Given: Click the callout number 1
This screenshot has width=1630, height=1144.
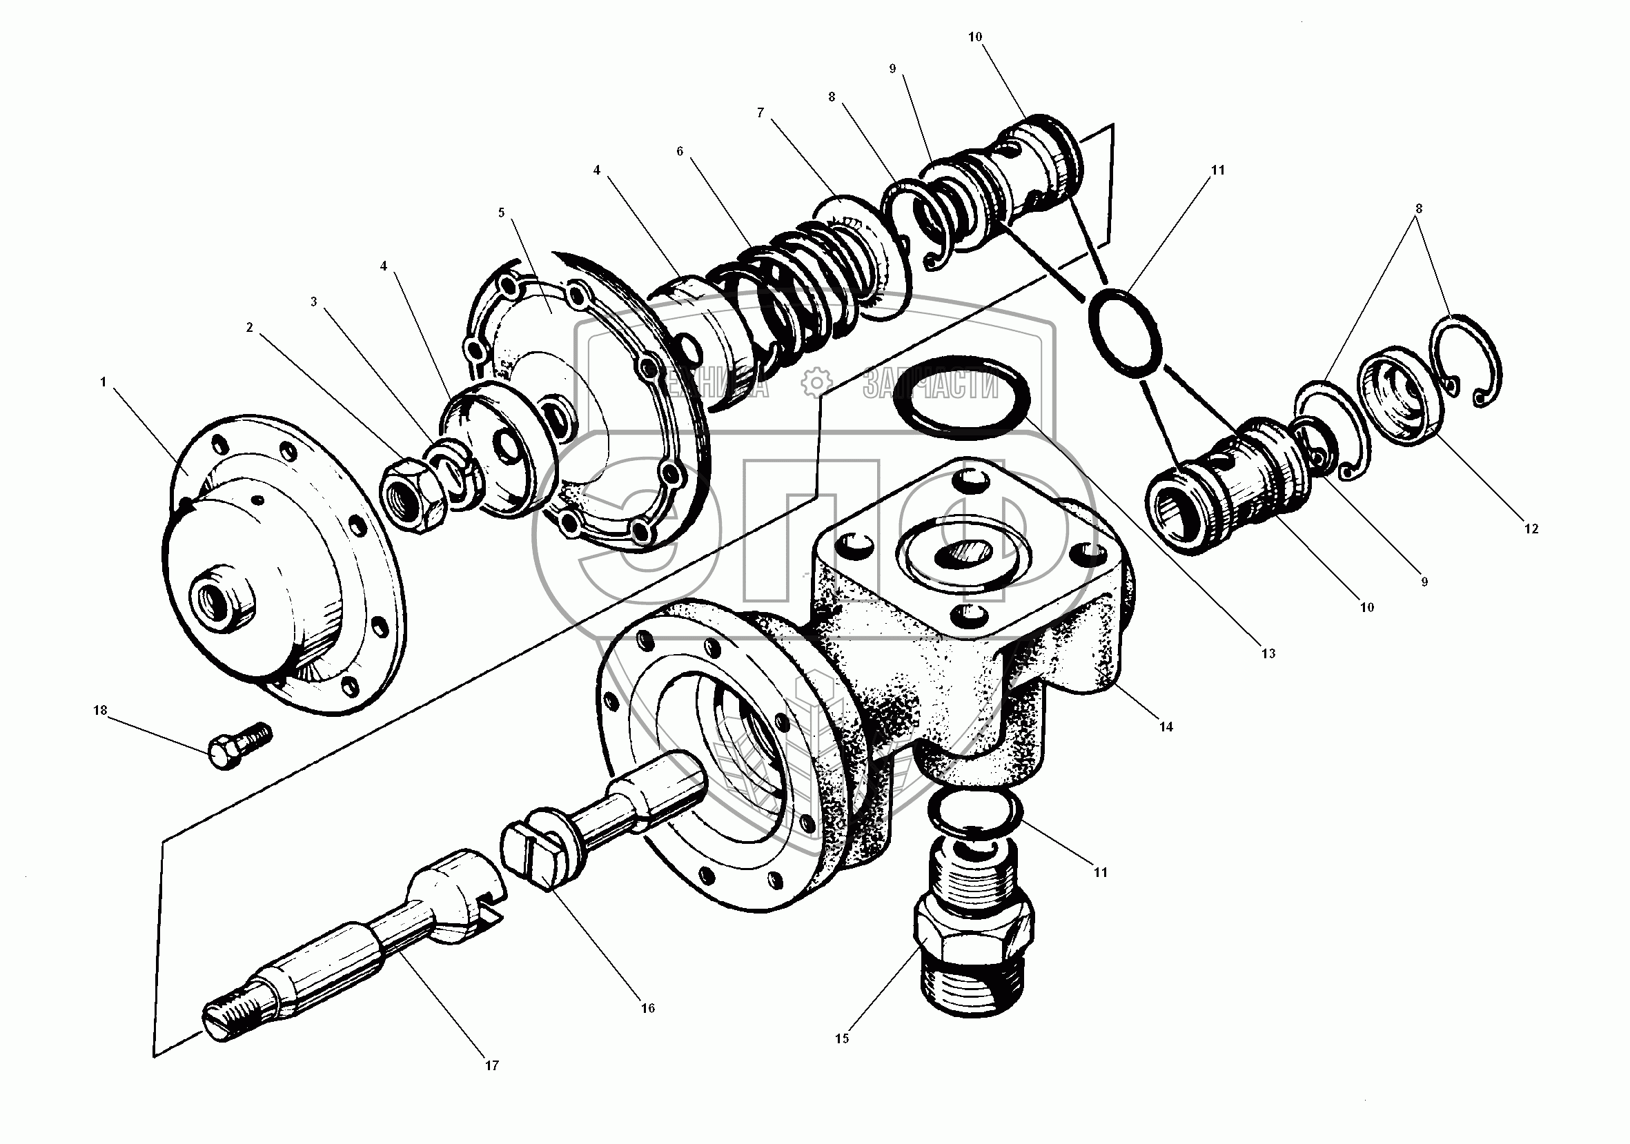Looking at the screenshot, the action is [x=104, y=382].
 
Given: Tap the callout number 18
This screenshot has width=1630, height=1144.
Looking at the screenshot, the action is [x=100, y=711].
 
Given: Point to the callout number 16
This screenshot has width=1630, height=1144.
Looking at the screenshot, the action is [x=647, y=1008].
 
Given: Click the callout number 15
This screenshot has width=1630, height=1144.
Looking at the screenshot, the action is [x=841, y=1038].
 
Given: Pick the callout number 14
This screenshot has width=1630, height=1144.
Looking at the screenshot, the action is [x=1166, y=726].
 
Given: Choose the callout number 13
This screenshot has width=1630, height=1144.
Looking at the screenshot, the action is [x=1268, y=653].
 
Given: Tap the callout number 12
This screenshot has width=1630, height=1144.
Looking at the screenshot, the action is [x=1531, y=529].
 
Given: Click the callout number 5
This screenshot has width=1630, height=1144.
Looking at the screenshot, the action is [x=501, y=213].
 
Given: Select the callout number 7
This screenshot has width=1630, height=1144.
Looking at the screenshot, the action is [x=760, y=113].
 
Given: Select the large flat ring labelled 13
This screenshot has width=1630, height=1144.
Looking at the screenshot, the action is [x=958, y=395].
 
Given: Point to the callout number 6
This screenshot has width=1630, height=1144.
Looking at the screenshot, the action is [x=680, y=151].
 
